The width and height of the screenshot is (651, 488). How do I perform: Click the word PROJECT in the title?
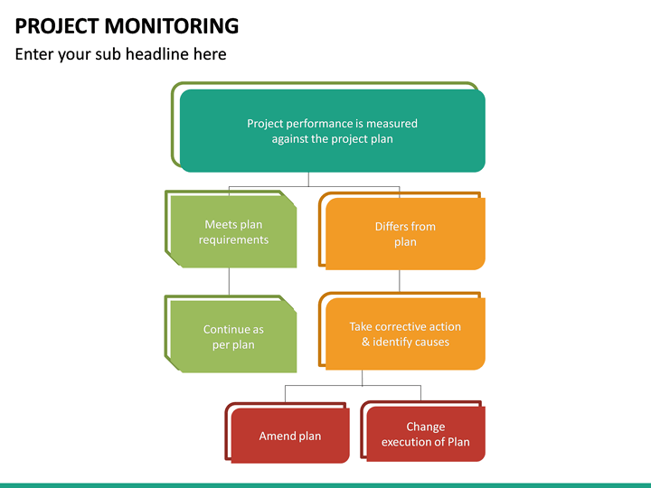point(54,26)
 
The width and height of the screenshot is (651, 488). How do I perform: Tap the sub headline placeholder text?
point(120,54)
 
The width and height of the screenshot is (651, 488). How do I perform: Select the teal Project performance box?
point(332,131)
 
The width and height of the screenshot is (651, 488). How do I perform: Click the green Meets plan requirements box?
point(234,232)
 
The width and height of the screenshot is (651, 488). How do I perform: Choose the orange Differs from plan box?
point(404,234)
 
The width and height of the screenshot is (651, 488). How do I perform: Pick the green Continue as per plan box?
point(234,336)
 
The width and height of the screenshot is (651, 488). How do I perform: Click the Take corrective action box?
point(404,334)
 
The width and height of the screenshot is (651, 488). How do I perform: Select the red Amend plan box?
point(289,436)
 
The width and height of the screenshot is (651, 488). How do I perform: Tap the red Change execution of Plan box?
point(425,435)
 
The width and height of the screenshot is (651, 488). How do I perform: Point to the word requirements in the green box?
point(234,240)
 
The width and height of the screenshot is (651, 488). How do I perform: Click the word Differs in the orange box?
point(392,227)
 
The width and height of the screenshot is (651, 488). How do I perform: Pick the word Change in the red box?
point(425,427)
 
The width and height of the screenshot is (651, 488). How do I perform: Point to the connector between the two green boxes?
point(229,281)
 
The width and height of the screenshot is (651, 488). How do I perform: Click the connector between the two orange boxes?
point(400,281)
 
